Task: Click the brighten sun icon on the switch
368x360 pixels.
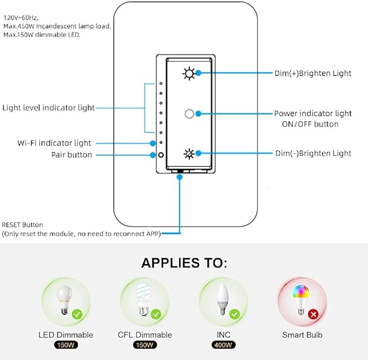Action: (188, 73)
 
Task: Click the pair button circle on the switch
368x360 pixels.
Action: (161, 155)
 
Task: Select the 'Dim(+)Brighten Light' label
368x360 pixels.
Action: (313, 73)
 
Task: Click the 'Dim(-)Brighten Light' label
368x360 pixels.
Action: (313, 153)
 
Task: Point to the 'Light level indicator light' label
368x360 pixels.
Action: (48, 108)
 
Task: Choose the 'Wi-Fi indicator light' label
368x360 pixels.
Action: (54, 143)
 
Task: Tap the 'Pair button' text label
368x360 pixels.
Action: (72, 155)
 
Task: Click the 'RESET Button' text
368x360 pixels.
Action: (23, 225)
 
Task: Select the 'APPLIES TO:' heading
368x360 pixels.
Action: (184, 263)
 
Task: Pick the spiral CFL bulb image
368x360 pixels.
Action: (143, 300)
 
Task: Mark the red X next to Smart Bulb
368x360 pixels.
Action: (313, 313)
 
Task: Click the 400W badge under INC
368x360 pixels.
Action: (224, 345)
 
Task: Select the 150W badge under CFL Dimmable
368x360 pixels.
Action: (145, 345)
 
